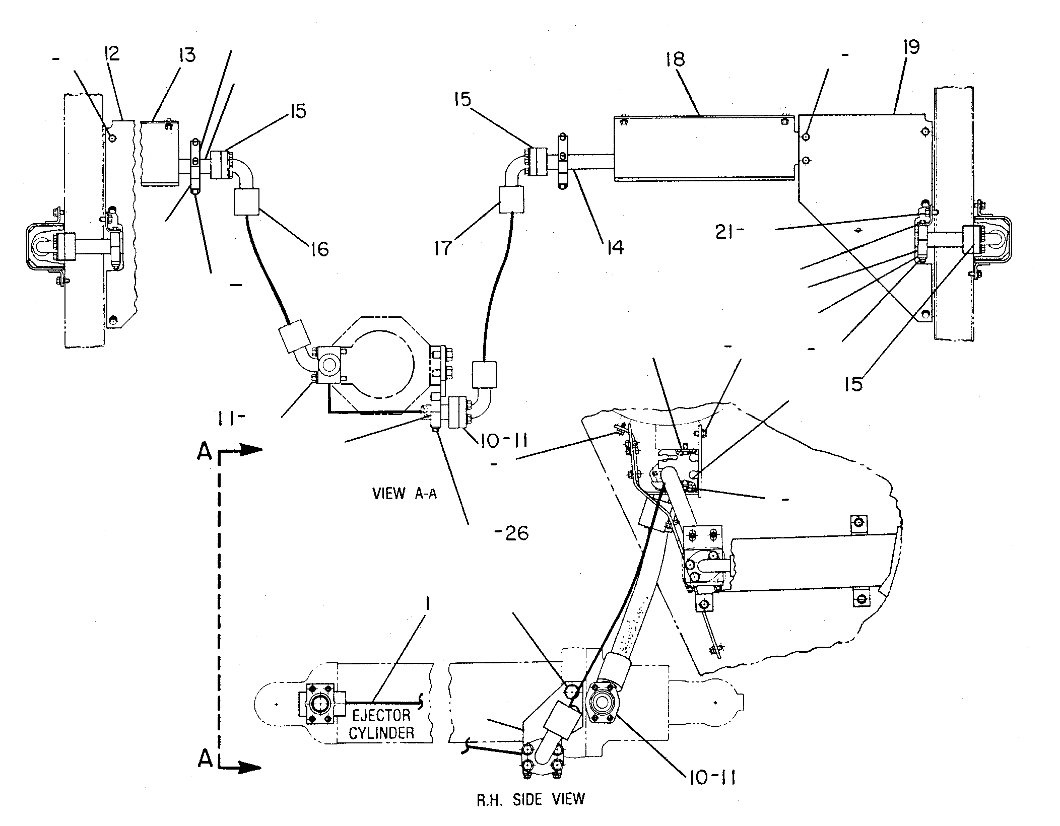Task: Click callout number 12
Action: tap(111, 53)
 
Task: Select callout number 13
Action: tap(186, 55)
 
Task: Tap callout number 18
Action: tap(675, 59)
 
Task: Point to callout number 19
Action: tap(911, 47)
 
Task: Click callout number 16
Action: tap(320, 249)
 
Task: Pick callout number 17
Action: tap(443, 248)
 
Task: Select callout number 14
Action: tap(615, 247)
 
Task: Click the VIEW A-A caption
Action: tap(405, 493)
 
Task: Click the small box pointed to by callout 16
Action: tap(247, 201)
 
